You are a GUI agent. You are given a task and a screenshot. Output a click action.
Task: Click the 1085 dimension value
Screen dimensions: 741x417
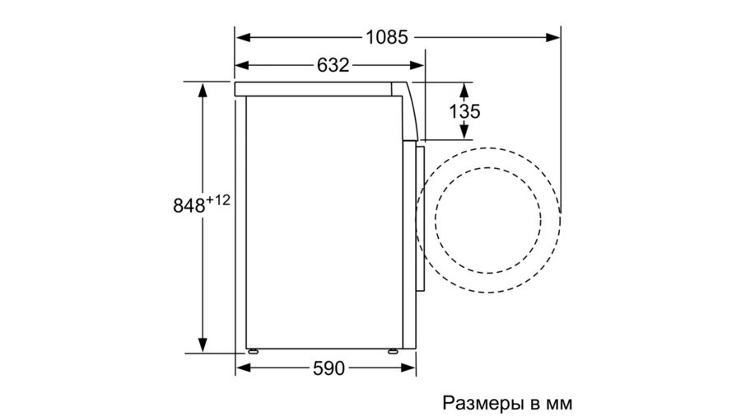(x=387, y=37)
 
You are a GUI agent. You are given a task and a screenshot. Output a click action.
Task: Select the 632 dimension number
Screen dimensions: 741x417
(x=333, y=65)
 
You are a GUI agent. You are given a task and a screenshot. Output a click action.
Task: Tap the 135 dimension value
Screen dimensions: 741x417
(x=464, y=111)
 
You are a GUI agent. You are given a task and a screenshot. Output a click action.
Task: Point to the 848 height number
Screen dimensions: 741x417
(x=189, y=206)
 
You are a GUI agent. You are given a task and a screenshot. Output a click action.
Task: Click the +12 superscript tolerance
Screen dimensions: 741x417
(x=218, y=200)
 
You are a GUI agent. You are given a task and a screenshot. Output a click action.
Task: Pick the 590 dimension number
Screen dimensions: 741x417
(x=329, y=368)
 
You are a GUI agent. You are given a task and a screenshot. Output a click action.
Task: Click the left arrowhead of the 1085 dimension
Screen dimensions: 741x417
(x=243, y=37)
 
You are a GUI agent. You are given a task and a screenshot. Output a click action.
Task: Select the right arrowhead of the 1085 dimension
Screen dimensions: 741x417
(x=553, y=37)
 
